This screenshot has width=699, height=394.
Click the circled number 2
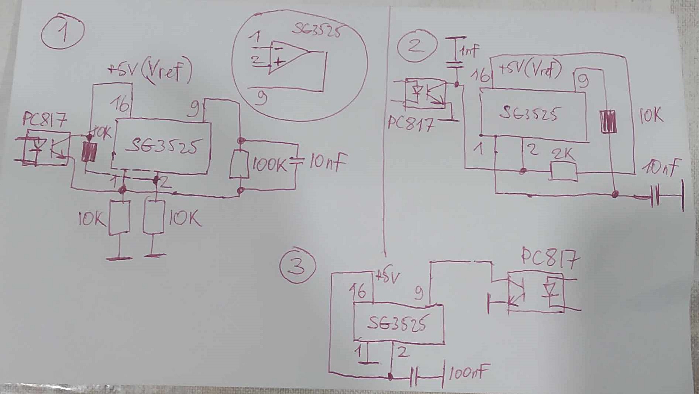pyautogui.click(x=417, y=46)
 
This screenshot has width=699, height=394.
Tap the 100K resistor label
pyautogui.click(x=269, y=165)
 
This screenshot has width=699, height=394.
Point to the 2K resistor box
pyautogui.click(x=564, y=172)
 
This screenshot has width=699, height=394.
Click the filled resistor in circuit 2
pyautogui.click(x=608, y=121)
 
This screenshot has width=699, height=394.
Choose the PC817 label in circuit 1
pyautogui.click(x=45, y=120)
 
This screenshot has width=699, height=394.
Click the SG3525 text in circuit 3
pyautogui.click(x=398, y=324)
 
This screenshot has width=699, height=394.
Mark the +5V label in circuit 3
pyautogui.click(x=387, y=277)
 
